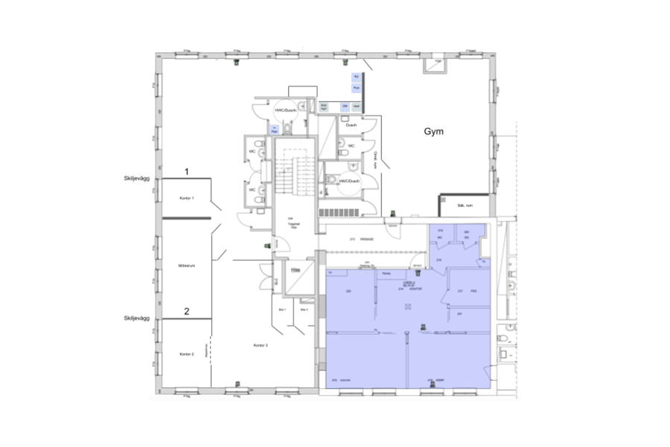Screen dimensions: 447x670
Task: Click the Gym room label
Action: click(434, 132)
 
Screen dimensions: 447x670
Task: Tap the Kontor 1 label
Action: click(187, 199)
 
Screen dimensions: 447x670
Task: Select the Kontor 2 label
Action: click(186, 354)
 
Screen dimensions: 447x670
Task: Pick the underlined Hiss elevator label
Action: click(296, 269)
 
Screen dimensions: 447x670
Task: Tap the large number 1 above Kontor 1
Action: click(187, 171)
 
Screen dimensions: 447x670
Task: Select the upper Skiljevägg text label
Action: click(137, 179)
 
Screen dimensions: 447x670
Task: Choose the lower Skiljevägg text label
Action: click(137, 318)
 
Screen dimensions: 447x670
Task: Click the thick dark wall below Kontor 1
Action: click(187, 218)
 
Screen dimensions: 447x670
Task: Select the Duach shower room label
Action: click(351, 124)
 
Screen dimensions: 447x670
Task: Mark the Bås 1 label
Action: click(282, 308)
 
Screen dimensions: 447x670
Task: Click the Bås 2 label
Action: click(304, 308)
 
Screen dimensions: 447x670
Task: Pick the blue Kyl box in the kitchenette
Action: click(356, 77)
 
